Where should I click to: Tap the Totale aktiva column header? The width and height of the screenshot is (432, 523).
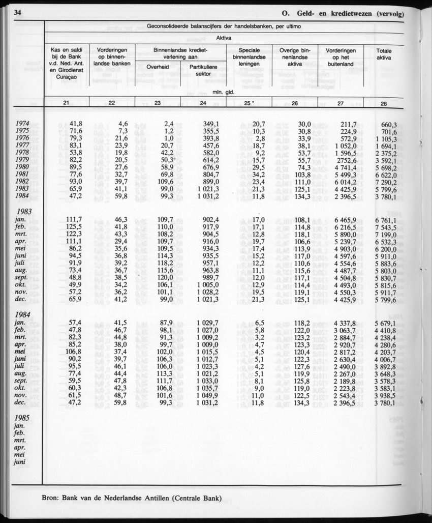(x=384, y=54)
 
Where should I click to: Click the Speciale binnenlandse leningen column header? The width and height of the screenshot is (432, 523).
(x=249, y=57)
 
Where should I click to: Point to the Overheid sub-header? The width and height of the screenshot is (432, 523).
(x=158, y=67)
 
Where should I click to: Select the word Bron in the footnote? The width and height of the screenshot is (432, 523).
(x=52, y=498)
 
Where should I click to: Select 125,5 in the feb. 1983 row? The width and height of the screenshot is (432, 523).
(x=74, y=227)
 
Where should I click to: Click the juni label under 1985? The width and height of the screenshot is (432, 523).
(x=21, y=462)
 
